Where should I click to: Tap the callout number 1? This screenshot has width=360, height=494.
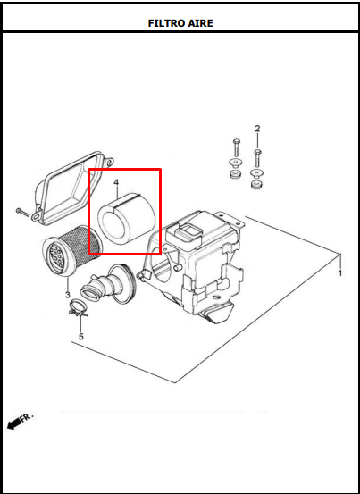(339, 273)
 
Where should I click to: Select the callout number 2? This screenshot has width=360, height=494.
(257, 129)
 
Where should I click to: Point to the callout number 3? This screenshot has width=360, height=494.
(67, 295)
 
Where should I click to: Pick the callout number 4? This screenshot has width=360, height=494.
(116, 182)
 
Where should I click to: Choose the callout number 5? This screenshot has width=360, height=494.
(81, 337)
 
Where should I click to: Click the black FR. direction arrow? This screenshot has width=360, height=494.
(13, 424)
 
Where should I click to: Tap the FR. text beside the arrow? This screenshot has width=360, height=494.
(27, 417)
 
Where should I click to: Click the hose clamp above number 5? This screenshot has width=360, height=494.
(78, 307)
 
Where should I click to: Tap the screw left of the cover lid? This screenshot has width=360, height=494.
(22, 213)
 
